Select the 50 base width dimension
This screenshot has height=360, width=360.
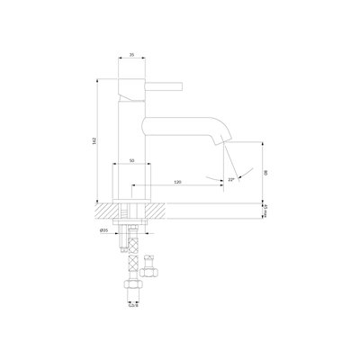click(132, 160)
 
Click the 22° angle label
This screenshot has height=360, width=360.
click(230, 179)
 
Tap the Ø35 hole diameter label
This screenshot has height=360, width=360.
click(105, 230)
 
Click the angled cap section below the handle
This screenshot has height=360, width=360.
click(132, 102)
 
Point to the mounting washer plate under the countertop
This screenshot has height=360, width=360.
click(132, 226)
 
